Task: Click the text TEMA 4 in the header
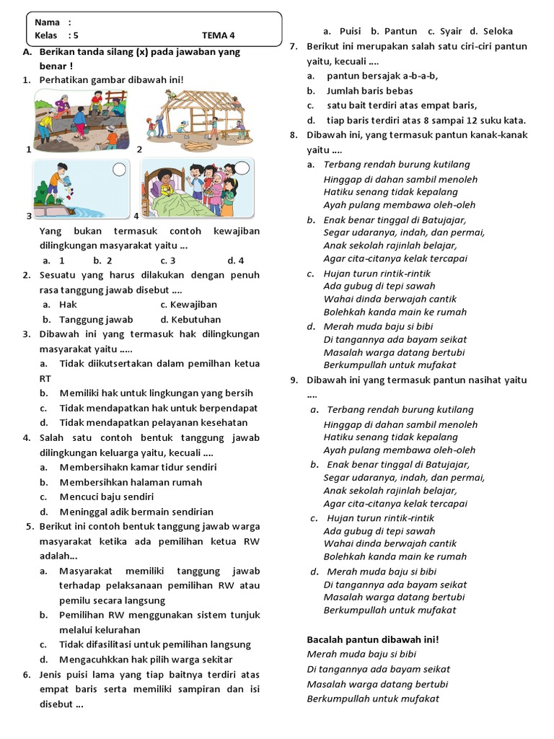click(218, 35)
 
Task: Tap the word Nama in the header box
click(47, 22)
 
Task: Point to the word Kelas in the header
click(47, 35)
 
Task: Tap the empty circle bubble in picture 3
click(120, 170)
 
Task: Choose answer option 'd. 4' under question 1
click(235, 261)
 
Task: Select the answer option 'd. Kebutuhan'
click(190, 319)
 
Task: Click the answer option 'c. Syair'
click(445, 31)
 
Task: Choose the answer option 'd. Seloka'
click(491, 31)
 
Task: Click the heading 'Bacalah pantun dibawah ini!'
click(373, 639)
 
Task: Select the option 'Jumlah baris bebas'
click(369, 91)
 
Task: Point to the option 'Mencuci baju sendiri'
click(106, 497)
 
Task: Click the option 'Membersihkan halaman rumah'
click(131, 482)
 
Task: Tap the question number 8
click(294, 135)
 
